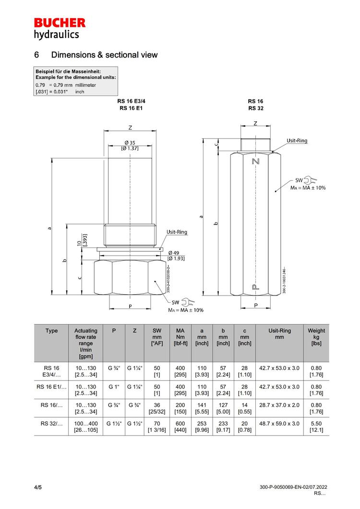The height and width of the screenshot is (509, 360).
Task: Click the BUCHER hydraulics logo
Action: pos(60,28)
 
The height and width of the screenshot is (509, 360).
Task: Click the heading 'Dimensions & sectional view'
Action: pos(104,55)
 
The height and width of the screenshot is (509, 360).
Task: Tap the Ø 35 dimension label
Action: pos(130,142)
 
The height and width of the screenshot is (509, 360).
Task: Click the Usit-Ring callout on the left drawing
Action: pos(177,232)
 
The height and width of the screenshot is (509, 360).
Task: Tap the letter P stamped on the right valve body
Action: pos(255,287)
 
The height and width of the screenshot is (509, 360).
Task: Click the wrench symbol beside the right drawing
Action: pos(310,180)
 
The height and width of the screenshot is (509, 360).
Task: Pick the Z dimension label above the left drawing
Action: pos(130,128)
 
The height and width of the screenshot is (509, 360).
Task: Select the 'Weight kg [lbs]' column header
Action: pos(316,337)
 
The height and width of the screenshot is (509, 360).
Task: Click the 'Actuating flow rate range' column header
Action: pos(86,343)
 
